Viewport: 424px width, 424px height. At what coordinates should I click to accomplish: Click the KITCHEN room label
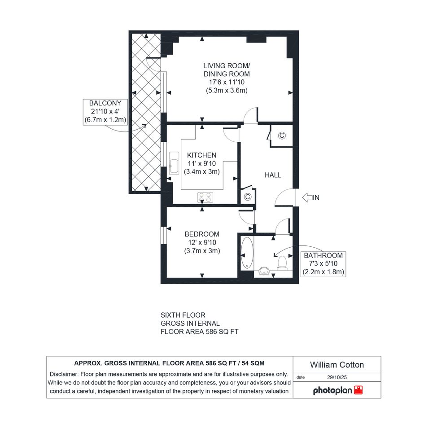[x=202, y=155]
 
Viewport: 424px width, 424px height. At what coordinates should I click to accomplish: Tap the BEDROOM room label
[x=202, y=234]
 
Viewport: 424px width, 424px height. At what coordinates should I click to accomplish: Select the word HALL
[x=273, y=175]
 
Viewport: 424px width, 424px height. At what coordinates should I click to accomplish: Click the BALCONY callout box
[x=105, y=111]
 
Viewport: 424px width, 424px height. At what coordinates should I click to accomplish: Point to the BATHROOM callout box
[x=323, y=264]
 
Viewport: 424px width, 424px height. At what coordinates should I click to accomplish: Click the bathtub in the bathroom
[x=247, y=253]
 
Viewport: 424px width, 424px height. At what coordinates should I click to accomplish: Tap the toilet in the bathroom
[x=282, y=263]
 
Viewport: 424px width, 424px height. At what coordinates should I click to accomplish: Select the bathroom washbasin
[x=264, y=271]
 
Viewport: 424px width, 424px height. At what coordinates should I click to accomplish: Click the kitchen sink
[x=174, y=163]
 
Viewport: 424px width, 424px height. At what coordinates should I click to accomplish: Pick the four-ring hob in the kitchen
[x=205, y=197]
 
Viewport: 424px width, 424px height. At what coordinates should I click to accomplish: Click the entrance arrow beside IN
[x=307, y=198]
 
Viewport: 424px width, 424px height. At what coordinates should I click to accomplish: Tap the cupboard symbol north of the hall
[x=282, y=135]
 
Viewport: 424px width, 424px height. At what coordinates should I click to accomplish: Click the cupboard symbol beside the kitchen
[x=247, y=197]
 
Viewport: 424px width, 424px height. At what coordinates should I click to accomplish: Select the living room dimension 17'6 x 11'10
[x=227, y=82]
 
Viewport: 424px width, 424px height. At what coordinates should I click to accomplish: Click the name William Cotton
[x=337, y=365]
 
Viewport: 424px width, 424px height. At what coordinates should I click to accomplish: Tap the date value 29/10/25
[x=337, y=377]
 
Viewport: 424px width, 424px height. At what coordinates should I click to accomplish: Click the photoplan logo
[x=338, y=390]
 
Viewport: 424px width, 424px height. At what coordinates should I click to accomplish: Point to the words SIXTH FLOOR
[x=183, y=315]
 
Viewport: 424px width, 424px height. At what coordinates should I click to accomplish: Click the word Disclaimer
[x=64, y=374]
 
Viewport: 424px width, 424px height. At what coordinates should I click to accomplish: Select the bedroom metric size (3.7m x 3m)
[x=202, y=251]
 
